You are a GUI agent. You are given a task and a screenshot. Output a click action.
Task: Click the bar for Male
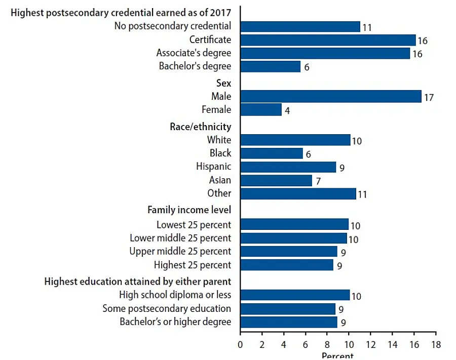(330, 96)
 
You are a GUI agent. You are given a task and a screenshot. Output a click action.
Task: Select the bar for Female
(260, 109)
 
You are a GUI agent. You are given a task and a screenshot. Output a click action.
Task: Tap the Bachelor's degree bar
(270, 66)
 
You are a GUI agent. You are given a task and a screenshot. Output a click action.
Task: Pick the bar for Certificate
(327, 40)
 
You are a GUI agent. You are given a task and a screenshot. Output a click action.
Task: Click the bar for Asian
(276, 180)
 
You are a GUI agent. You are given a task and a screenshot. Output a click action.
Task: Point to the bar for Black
(271, 153)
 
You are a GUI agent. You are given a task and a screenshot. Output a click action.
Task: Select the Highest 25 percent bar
(286, 265)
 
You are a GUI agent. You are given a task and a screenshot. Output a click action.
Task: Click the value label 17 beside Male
(429, 97)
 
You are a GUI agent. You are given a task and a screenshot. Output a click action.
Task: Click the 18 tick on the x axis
(435, 345)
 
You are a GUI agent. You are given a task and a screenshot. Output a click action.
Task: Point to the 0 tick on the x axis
(240, 345)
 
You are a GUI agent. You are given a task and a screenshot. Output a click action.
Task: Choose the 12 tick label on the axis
(370, 345)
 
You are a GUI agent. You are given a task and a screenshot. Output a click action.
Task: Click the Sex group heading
(223, 84)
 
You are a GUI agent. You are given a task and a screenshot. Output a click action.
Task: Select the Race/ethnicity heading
(201, 127)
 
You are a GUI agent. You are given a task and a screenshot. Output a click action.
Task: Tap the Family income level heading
(189, 209)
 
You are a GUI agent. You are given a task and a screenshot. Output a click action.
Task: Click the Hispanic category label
(213, 167)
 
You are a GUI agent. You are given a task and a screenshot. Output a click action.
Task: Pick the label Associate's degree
(194, 53)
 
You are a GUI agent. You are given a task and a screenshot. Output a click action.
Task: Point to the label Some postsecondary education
(167, 308)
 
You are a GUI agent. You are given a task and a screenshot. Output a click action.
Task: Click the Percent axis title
(337, 355)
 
